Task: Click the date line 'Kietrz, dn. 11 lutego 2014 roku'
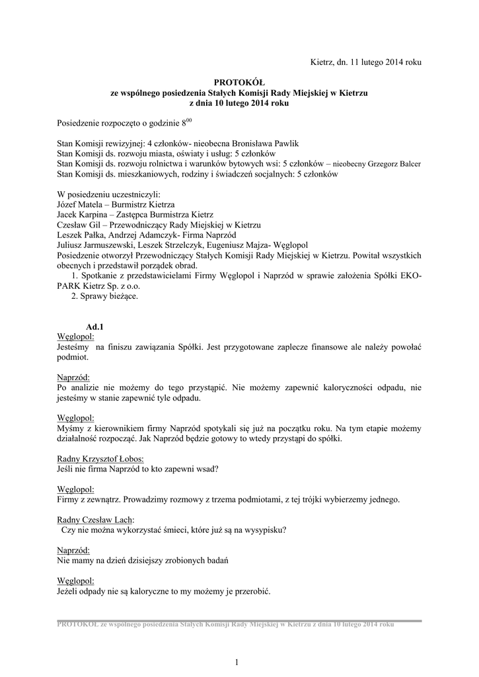[366, 61]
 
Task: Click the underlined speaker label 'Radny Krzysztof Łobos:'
[101, 459]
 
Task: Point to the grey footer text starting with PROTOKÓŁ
[225, 625]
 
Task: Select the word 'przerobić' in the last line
[251, 591]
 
